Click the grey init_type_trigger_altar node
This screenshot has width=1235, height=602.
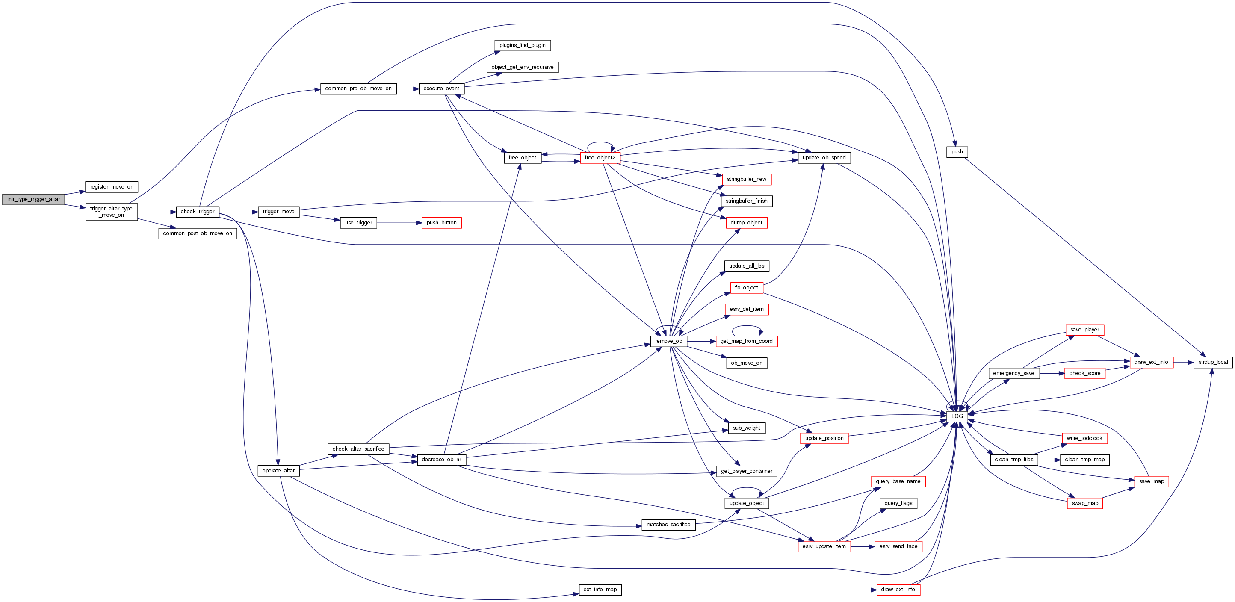(x=33, y=199)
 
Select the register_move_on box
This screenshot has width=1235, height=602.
(x=112, y=187)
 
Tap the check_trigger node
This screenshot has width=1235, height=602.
(x=198, y=212)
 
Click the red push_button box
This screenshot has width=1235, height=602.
(x=442, y=223)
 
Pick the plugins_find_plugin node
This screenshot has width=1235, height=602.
(x=522, y=45)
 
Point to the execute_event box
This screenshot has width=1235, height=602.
(x=441, y=89)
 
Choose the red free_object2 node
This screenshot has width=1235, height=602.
(x=600, y=158)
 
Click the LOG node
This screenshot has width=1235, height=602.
(x=957, y=416)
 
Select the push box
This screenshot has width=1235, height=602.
(x=957, y=152)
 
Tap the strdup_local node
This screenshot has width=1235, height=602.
(x=1213, y=362)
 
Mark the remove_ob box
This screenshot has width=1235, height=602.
(x=668, y=341)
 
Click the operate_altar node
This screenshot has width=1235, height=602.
(x=278, y=471)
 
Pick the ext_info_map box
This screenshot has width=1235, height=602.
(x=600, y=590)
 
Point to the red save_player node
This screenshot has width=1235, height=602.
(x=1084, y=330)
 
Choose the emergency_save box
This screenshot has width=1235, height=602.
(x=1013, y=373)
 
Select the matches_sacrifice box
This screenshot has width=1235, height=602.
(x=668, y=525)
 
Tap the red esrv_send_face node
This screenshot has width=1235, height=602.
(x=898, y=546)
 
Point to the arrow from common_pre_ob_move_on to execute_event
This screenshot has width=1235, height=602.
(x=408, y=89)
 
